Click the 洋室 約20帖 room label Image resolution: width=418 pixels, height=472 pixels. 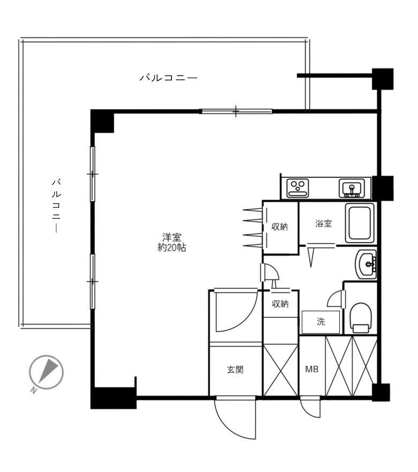[171, 242]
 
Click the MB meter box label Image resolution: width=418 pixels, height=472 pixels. [311, 370]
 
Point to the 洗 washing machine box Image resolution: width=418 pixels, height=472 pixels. [320, 322]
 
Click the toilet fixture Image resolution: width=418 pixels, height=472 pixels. [360, 317]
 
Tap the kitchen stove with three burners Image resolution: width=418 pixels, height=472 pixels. [297, 188]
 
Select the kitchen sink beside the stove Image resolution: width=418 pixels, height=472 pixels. [351, 188]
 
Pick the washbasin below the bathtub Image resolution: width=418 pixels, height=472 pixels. [366, 263]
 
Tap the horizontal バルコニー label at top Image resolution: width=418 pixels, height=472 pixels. [168, 78]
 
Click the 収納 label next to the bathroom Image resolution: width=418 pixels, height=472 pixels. [279, 227]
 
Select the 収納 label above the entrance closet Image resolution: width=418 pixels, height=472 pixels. [280, 304]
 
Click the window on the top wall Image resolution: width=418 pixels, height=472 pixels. [236, 111]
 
